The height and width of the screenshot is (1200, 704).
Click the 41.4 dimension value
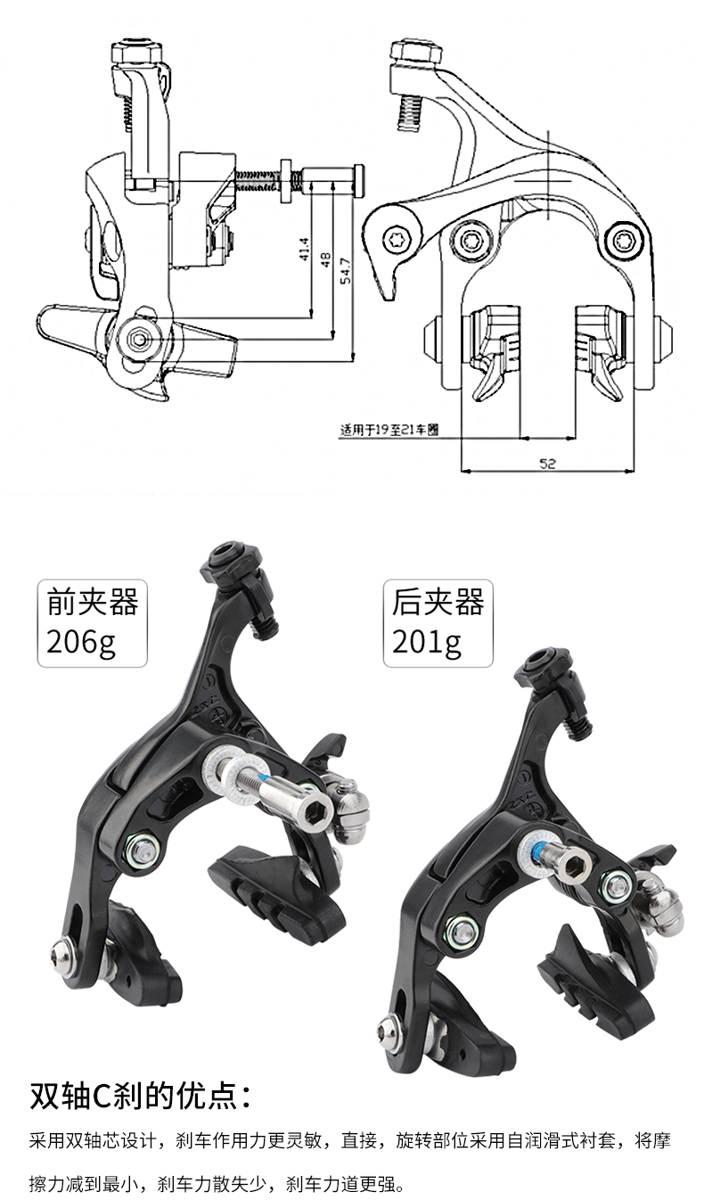tap(304, 250)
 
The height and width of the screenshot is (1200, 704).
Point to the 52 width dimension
tap(547, 464)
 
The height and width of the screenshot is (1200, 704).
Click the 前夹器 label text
tap(92, 603)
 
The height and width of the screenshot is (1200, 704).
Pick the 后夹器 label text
tap(438, 603)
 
